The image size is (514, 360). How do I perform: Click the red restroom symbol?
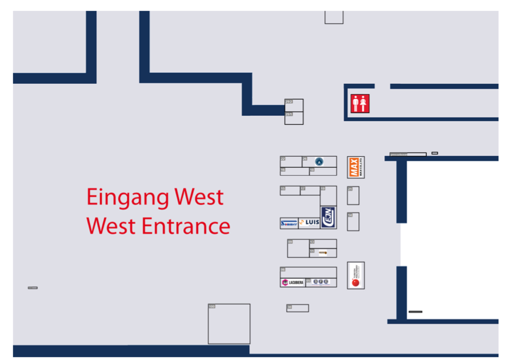pyautogui.click(x=360, y=104)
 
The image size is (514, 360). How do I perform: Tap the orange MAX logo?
pyautogui.click(x=353, y=167)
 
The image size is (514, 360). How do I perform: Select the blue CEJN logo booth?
pyautogui.click(x=329, y=217)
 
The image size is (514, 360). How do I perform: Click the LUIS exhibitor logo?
pyautogui.click(x=309, y=223)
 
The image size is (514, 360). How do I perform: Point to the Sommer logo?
pyautogui.click(x=289, y=223)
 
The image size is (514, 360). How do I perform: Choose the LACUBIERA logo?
pyautogui.click(x=292, y=282)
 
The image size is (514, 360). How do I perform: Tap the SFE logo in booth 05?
pyautogui.click(x=321, y=282)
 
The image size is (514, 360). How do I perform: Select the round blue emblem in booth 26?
pyautogui.click(x=319, y=161)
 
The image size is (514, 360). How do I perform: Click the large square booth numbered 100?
pyautogui.click(x=229, y=324)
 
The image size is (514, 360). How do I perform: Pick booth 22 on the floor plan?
pyautogui.click(x=291, y=161)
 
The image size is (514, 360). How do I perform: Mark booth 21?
pyautogui.click(x=353, y=196)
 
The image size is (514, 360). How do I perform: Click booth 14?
pyautogui.click(x=353, y=222)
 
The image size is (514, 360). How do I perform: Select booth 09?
pyautogui.click(x=298, y=249)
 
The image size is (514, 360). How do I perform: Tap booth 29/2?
pyautogui.click(x=294, y=105)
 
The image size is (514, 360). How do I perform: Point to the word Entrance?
pyautogui.click(x=185, y=226)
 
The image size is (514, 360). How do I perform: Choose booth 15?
pyautogui.click(x=290, y=191)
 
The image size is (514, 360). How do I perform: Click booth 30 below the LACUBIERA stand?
pyautogui.click(x=297, y=308)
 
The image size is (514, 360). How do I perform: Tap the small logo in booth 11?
pyautogui.click(x=323, y=253)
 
